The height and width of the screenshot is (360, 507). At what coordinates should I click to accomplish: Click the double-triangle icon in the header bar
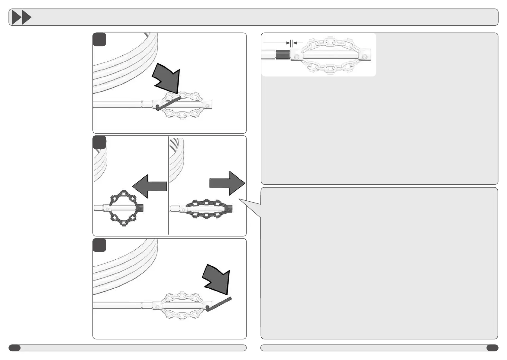click(21, 18)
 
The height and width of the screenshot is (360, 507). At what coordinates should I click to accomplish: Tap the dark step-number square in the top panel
click(99, 40)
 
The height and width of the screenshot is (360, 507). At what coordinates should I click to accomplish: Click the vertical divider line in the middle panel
click(168, 186)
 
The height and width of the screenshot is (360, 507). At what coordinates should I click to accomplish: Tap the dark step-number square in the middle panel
click(99, 142)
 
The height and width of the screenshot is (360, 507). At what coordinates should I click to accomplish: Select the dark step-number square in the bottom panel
click(99, 245)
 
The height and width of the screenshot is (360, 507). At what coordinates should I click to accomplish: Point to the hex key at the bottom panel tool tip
click(219, 303)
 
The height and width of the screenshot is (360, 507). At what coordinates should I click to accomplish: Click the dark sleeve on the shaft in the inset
click(283, 55)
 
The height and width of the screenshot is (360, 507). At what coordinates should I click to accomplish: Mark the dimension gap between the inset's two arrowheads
click(291, 43)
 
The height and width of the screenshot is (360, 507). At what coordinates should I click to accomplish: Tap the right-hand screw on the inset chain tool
click(365, 57)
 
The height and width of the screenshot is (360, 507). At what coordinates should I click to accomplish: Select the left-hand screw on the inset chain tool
click(297, 57)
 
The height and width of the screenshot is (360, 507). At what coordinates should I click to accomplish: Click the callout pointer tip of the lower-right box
click(240, 199)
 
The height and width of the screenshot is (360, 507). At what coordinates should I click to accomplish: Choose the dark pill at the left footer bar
click(15, 348)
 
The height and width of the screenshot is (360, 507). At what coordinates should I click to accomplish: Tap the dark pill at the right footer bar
click(492, 348)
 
